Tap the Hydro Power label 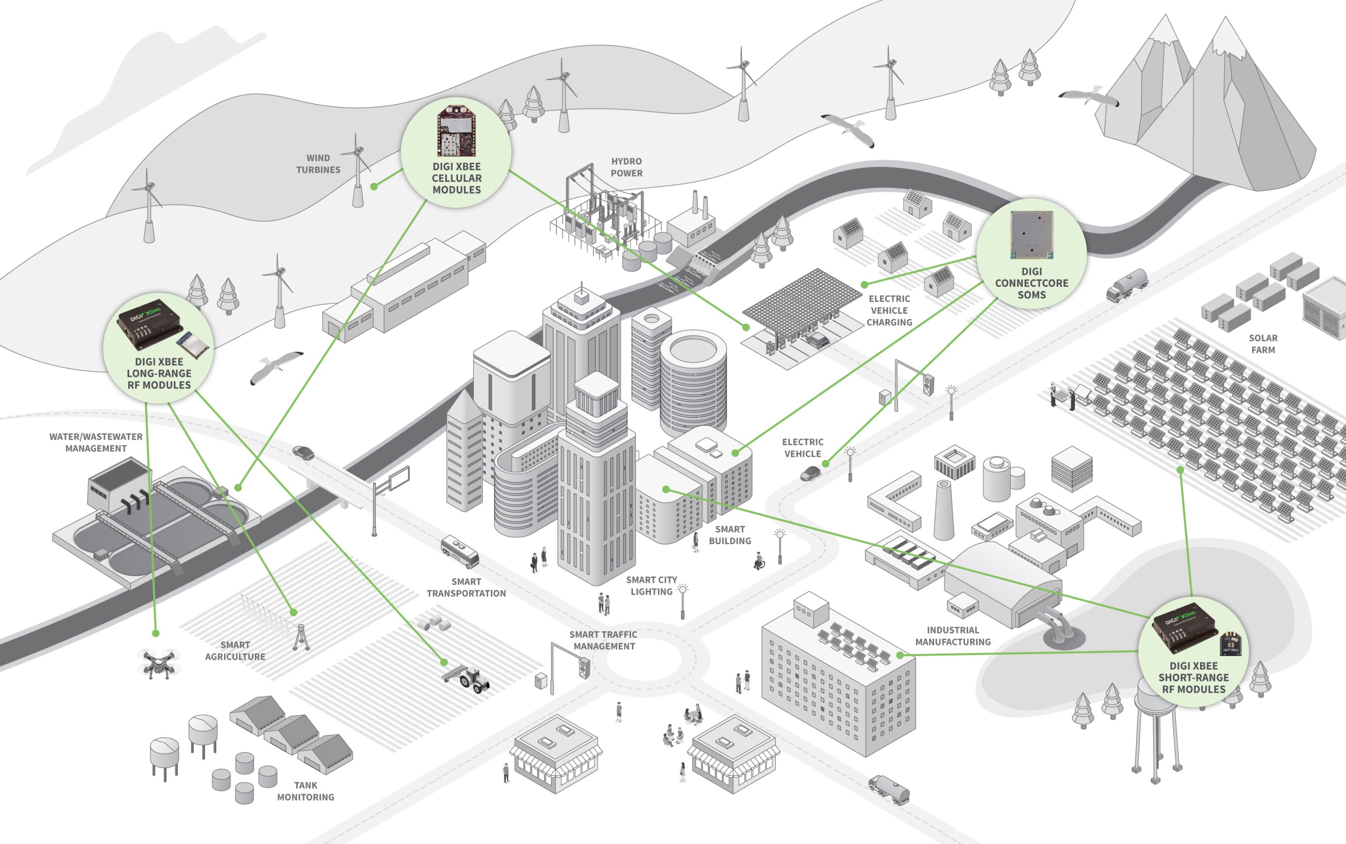point(626,167)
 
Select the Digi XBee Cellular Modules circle point(456,152)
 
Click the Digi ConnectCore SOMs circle point(1032,254)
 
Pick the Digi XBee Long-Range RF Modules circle point(159,348)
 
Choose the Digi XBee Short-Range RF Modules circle point(1193,652)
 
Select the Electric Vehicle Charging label point(889,310)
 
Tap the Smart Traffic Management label point(603,640)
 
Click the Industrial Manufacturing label point(953,636)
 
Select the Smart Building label point(729,535)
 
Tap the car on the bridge point(303,452)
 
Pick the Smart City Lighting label point(652,586)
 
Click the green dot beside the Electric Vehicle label point(826,464)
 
